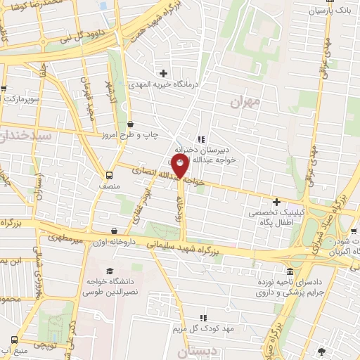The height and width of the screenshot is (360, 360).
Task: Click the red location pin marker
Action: tap(180, 167)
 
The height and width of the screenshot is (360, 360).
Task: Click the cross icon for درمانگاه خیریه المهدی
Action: tap(164, 72)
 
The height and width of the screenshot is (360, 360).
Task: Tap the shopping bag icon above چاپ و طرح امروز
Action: tap(131, 124)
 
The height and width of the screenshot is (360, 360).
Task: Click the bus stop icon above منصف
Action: tap(109, 175)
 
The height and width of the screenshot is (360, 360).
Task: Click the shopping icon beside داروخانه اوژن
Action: tap(115, 231)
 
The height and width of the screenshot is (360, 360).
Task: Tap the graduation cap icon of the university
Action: tap(109, 271)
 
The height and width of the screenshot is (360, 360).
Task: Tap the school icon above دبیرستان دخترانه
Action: tap(202, 139)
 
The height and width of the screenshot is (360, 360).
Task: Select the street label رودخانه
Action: tap(180, 210)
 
